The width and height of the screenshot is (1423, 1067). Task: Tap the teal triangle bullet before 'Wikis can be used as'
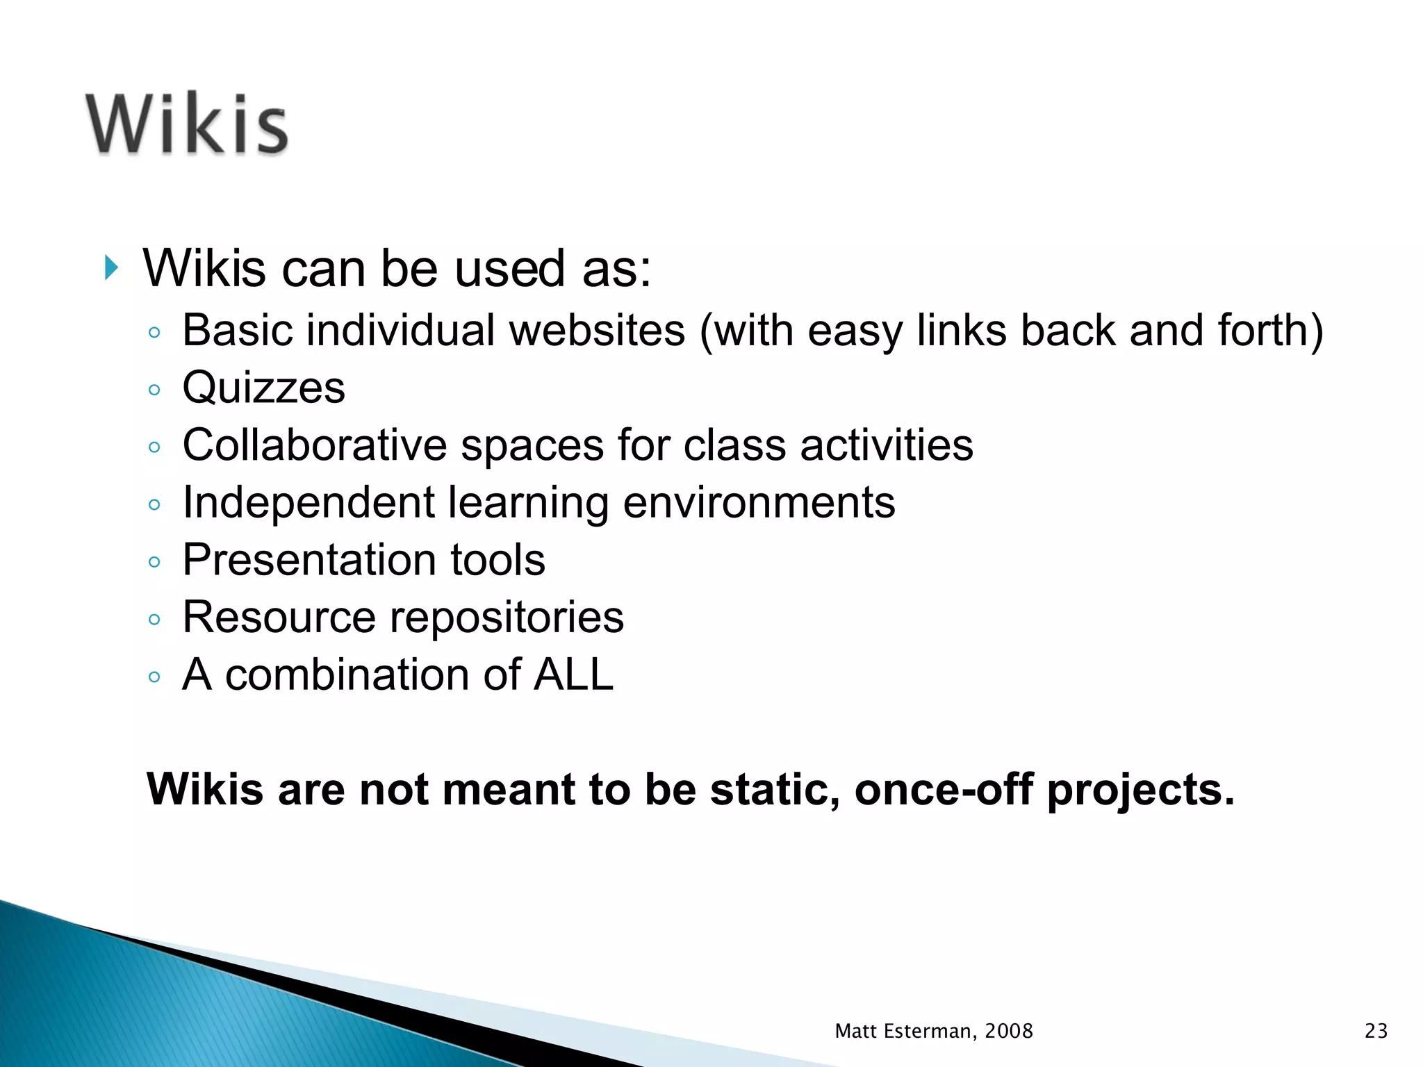pyautogui.click(x=111, y=267)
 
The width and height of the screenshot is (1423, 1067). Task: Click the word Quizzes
pyautogui.click(x=263, y=387)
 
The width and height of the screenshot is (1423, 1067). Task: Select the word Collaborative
pyautogui.click(x=314, y=445)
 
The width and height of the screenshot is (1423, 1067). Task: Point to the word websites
pyautogui.click(x=597, y=330)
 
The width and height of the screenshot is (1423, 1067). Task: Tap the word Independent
pyautogui.click(x=309, y=502)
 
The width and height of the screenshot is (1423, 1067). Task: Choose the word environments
pyautogui.click(x=759, y=502)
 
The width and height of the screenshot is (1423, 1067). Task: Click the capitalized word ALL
pyautogui.click(x=573, y=675)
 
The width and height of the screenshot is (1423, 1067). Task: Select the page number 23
pyautogui.click(x=1376, y=1031)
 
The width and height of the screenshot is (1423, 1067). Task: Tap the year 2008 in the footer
pyautogui.click(x=1009, y=1031)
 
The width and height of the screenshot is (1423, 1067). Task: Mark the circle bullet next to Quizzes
pyautogui.click(x=154, y=390)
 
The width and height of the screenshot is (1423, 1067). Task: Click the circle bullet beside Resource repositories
pyautogui.click(x=154, y=619)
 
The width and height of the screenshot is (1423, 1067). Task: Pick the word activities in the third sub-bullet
pyautogui.click(x=887, y=445)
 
